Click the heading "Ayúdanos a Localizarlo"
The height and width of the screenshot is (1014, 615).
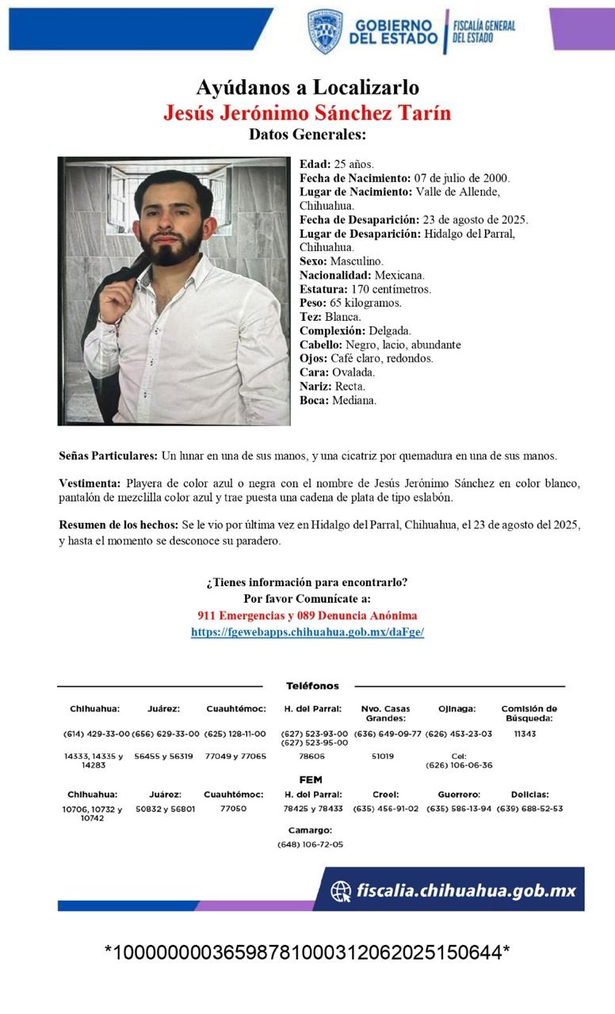(307, 88)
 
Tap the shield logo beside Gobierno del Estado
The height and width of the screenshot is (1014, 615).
(325, 32)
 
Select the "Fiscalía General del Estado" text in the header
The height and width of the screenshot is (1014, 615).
(484, 31)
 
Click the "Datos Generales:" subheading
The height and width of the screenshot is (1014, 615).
(307, 135)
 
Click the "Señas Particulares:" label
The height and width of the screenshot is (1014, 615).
(108, 456)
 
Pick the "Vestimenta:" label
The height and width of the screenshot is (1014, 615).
(90, 483)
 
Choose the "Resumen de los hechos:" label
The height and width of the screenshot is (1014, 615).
(119, 525)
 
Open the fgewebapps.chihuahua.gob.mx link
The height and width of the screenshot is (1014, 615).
(307, 632)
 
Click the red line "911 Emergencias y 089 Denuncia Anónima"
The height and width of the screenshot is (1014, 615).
(307, 616)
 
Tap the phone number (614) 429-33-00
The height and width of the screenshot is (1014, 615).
(96, 734)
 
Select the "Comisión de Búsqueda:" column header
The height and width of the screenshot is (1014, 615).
(529, 713)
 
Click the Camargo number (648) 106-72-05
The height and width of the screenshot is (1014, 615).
(310, 844)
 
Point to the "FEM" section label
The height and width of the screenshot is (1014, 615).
(311, 780)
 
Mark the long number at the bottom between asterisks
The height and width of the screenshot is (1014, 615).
(307, 952)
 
